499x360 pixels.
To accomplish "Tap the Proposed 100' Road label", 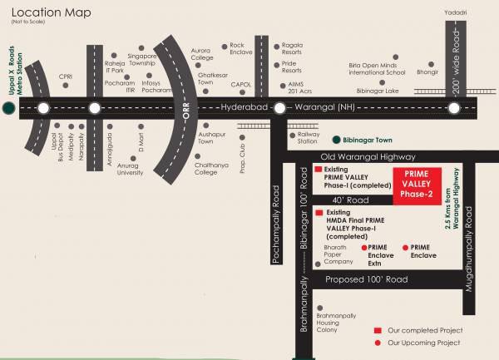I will (x=367, y=279).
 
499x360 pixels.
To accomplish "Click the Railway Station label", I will (x=302, y=138).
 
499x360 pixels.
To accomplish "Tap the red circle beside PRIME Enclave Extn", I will (x=363, y=248).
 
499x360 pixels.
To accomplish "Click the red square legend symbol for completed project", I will (x=377, y=330).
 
